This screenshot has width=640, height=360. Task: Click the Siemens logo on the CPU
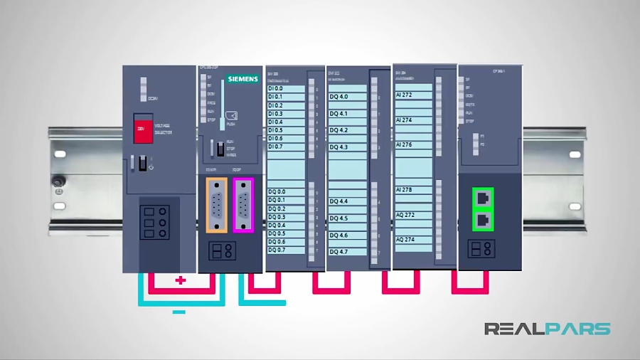click(242, 78)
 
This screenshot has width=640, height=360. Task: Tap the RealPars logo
click(547, 329)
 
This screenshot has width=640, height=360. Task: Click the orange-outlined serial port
click(217, 204)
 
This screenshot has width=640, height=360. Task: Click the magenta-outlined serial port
click(242, 204)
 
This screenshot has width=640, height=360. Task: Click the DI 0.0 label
click(275, 88)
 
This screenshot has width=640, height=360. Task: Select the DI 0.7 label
click(275, 147)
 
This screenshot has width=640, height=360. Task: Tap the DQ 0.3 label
click(277, 217)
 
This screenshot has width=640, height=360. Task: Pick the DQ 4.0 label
click(338, 96)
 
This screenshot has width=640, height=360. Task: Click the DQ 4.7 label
click(338, 252)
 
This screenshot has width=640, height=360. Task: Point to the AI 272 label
click(404, 95)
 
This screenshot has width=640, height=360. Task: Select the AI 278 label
click(404, 190)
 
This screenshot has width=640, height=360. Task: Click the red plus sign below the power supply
click(181, 280)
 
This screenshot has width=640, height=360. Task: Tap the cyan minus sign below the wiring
click(179, 312)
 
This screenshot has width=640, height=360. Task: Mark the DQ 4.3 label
click(338, 147)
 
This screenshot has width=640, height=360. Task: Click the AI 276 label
click(404, 144)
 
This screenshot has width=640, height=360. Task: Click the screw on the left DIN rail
click(58, 182)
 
